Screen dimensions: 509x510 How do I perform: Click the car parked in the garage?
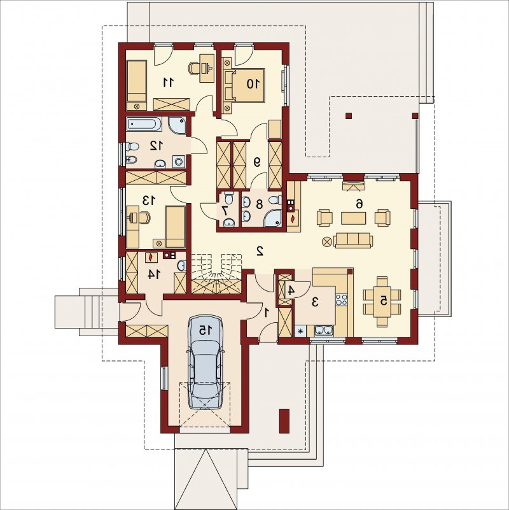pos(205,362)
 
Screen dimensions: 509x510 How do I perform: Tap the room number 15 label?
pos(205,330)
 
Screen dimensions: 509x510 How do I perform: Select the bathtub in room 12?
pos(144,124)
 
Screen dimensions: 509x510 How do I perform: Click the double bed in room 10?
pos(248,84)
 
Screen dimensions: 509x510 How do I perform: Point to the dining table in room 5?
pos(382,302)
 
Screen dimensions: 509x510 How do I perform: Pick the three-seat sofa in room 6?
pos(353,240)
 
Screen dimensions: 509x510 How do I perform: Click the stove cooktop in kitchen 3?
pos(341,299)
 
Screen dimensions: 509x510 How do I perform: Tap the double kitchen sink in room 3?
pos(324,331)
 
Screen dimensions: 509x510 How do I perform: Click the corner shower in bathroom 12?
pos(178,125)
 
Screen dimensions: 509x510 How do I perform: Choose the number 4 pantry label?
pos(291,290)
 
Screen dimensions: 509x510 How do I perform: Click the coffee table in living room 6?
pos(353,218)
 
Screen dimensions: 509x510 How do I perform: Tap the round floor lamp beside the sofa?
pos(326,241)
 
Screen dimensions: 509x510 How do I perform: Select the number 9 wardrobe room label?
pos(257,162)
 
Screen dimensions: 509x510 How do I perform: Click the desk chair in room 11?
pos(193,67)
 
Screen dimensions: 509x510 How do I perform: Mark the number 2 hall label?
pos(260,251)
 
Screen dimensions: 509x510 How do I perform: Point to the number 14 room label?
pos(154,274)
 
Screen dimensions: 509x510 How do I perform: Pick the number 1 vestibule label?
pos(267,313)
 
